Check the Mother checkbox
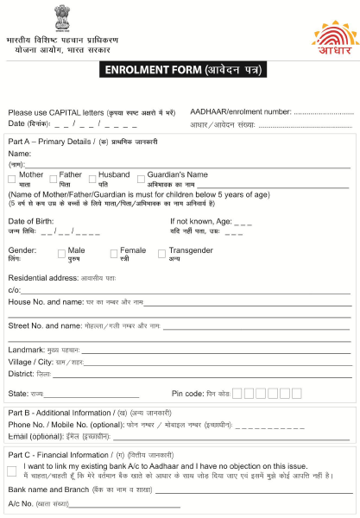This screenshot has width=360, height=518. tap(13, 176)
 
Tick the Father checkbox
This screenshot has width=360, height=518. tap(53, 176)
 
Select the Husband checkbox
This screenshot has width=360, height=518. tap(92, 176)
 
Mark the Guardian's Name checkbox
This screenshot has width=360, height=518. tap(140, 176)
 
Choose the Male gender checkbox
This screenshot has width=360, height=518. tap(61, 254)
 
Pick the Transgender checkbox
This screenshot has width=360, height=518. tap(161, 254)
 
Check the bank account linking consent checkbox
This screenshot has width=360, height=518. tap(12, 471)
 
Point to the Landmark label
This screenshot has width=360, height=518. tap(26, 350)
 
